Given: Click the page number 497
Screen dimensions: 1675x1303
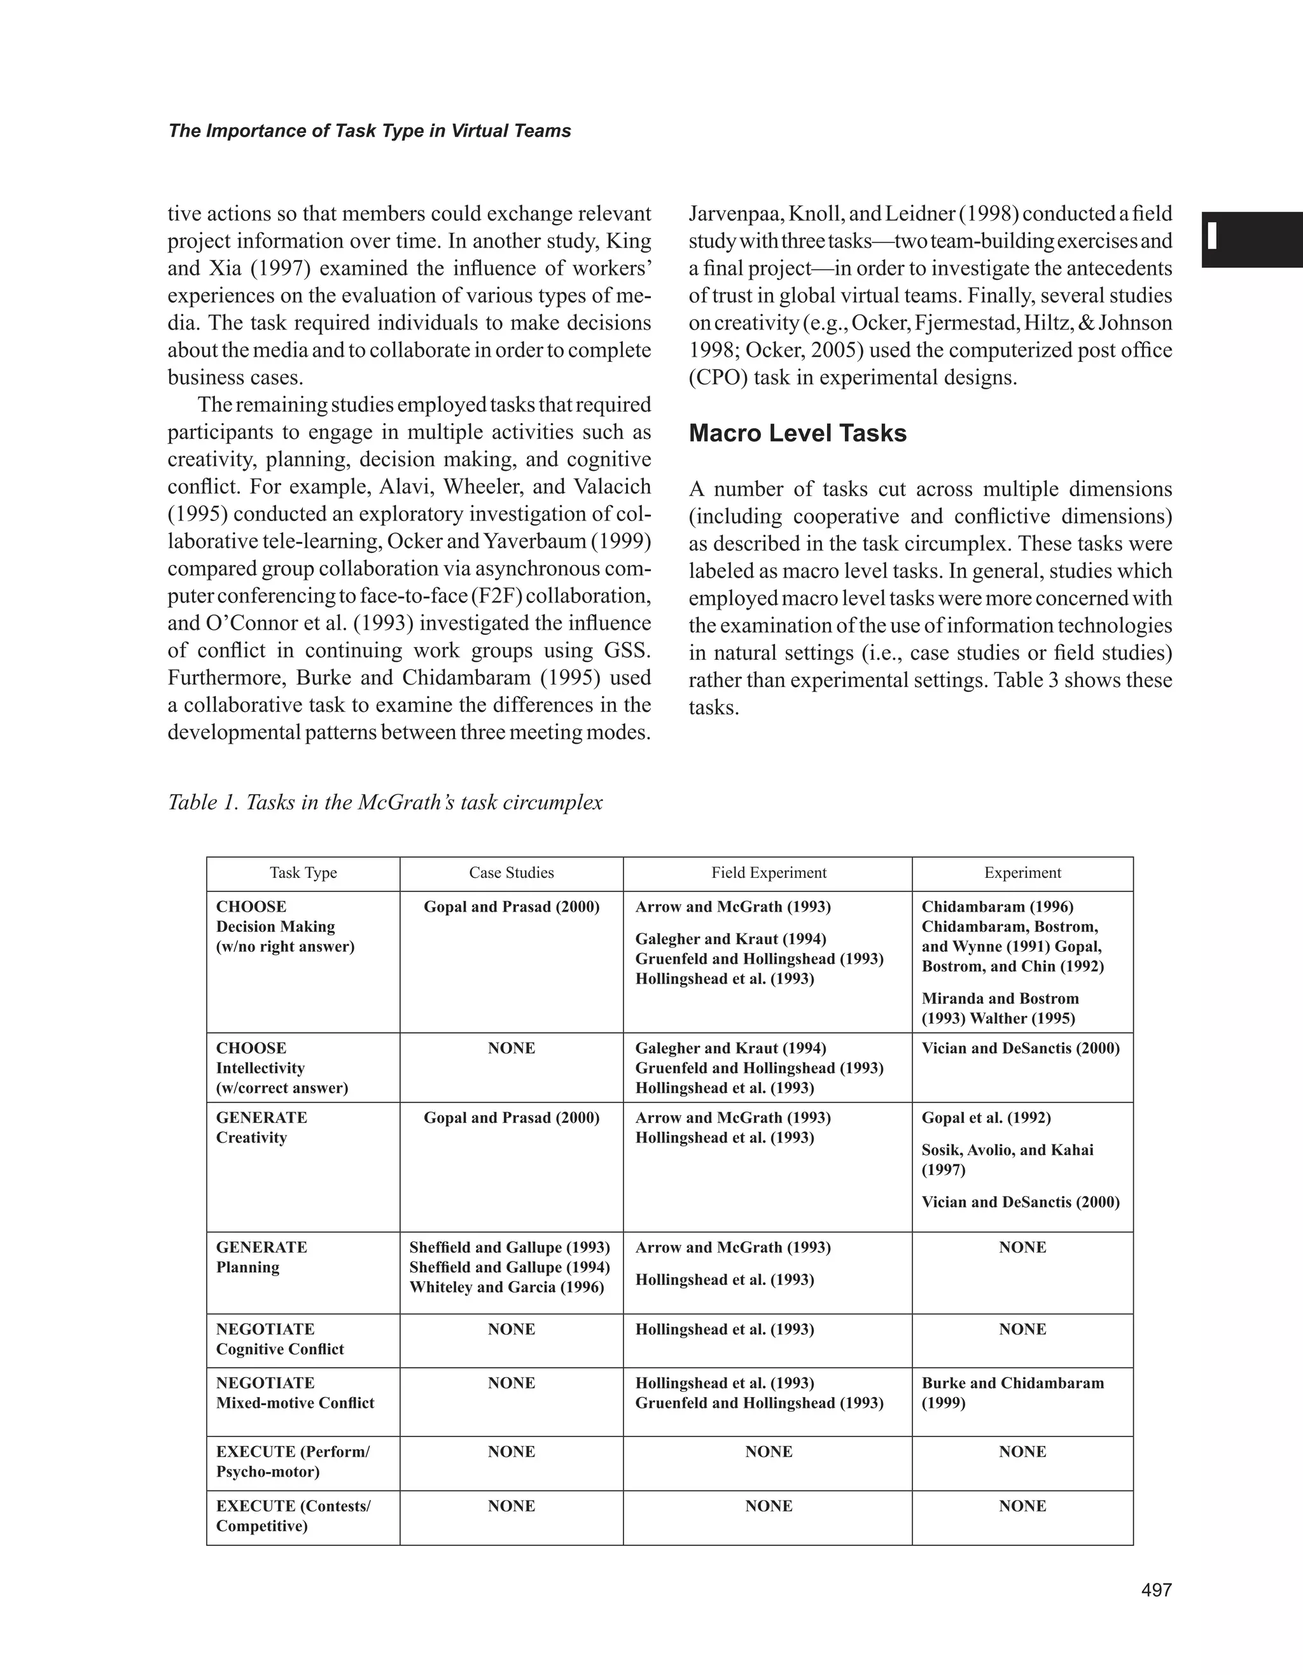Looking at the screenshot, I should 1157,1590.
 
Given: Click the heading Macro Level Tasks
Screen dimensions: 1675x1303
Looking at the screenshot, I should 798,433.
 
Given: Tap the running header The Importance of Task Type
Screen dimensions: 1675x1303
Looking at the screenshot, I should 369,131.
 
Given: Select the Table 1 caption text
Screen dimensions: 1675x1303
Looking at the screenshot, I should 385,802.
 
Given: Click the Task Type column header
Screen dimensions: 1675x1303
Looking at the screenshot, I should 303,873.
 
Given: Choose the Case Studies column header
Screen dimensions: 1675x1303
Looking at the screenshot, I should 511,873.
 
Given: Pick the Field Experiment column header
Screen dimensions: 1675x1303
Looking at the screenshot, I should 768,873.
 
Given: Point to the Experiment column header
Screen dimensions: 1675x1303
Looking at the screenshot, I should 1022,873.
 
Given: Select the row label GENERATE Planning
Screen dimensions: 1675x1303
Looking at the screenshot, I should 261,1257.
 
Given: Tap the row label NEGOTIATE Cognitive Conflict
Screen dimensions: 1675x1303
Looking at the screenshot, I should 279,1339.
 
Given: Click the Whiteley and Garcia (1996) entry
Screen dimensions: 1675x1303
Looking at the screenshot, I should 506,1287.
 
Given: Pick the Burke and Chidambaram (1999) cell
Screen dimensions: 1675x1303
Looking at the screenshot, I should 1012,1393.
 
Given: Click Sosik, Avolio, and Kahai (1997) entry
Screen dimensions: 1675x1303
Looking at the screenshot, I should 1007,1160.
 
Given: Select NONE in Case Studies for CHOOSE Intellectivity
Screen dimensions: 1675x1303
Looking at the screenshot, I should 511,1048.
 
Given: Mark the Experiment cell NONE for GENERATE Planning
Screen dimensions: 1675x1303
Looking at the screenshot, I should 1022,1248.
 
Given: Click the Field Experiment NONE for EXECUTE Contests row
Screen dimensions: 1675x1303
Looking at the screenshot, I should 768,1506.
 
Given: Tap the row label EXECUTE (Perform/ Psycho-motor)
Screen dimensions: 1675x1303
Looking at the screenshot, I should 292,1462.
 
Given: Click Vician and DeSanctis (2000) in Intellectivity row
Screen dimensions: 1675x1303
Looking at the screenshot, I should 1020,1048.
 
